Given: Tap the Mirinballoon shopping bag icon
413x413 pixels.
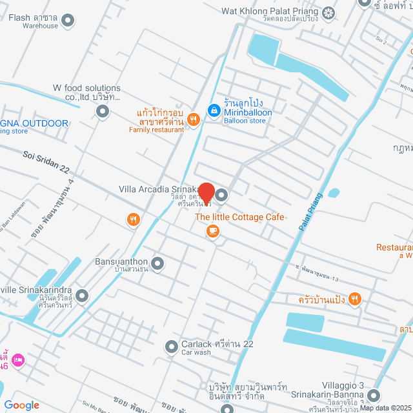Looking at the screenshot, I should [213, 110].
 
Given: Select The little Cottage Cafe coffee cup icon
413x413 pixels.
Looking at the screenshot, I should [212, 231].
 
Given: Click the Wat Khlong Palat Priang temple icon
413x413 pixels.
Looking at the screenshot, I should [329, 12].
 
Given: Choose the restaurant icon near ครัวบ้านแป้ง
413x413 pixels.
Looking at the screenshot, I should [354, 299].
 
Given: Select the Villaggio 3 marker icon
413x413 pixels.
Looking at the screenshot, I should [374, 395].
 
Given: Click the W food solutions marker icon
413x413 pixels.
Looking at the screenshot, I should [102, 112].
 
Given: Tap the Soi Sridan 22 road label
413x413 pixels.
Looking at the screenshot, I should [46, 158].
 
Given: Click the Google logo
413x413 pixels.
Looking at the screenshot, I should [21, 405].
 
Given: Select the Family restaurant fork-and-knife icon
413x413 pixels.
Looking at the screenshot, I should [192, 120].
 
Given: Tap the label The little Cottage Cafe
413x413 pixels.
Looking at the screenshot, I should [239, 217].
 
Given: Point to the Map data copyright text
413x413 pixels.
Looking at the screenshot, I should [385, 407].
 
